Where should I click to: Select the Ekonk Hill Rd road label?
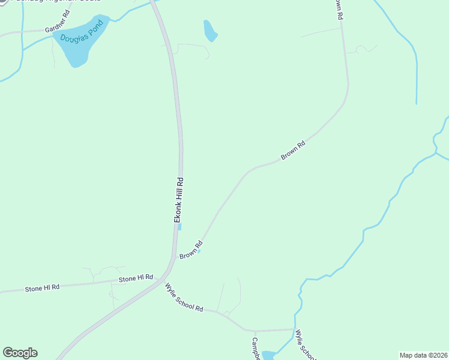pos(179,200)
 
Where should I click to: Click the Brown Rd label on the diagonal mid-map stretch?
pos(294,151)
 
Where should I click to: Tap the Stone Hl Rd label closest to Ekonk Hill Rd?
pos(136,278)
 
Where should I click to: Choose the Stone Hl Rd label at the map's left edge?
pos(43,288)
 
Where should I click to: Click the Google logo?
pos(20,353)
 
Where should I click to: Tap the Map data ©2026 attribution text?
pos(423,355)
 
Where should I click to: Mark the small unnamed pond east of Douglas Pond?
pos(209,31)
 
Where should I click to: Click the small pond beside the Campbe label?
pos(268,355)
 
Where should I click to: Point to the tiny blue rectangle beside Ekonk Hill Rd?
pos(179,226)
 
